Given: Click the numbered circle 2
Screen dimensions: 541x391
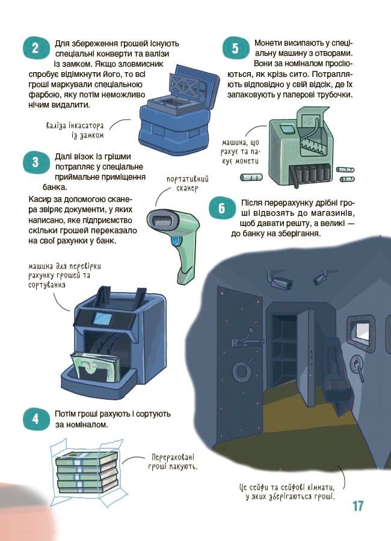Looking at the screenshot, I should click(x=35, y=49).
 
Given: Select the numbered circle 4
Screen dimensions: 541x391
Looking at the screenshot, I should click(x=35, y=419).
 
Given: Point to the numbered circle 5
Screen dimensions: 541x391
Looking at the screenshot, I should click(x=235, y=49).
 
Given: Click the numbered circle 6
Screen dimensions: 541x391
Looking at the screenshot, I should click(x=221, y=209).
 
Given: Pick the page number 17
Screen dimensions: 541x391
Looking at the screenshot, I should click(x=358, y=506).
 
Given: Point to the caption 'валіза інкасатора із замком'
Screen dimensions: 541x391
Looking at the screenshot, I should click(x=75, y=130).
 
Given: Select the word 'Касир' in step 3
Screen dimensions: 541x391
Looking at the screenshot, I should click(x=40, y=198).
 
